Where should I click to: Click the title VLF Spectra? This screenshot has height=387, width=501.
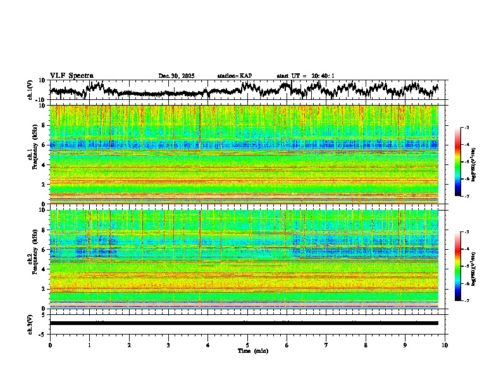coord(71,75)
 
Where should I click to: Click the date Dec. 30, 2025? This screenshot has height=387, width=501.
coord(176,76)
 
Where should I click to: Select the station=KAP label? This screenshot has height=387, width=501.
coord(234,76)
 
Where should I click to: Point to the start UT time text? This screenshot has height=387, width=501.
coord(306,76)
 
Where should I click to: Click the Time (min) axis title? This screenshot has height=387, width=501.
coord(247,350)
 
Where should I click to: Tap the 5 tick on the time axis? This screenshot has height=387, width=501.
coord(247,345)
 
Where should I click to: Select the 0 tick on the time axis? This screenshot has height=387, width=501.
coord(50,345)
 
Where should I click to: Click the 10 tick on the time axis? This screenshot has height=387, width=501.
coord(445,345)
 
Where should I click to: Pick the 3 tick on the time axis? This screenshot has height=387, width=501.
coord(168,345)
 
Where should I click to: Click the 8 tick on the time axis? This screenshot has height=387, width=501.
coord(366,345)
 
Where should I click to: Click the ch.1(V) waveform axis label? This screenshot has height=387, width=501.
coord(30,90)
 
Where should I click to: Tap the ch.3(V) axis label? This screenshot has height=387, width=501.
coord(30,323)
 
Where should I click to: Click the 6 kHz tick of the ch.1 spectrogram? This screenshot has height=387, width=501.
coord(44,145)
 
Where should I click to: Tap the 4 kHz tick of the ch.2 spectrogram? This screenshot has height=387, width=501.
coord(44,269)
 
